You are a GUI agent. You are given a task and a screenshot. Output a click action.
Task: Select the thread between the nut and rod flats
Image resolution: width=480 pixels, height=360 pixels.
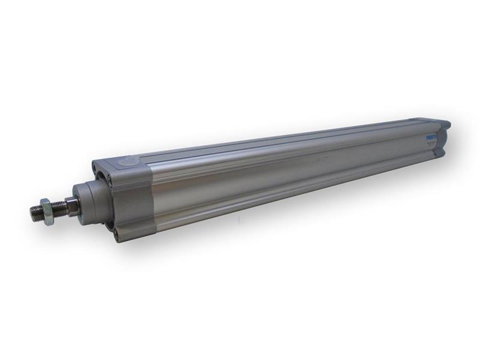(61, 209)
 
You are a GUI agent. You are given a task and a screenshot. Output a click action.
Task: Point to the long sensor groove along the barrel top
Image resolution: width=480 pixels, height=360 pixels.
(270, 144)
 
